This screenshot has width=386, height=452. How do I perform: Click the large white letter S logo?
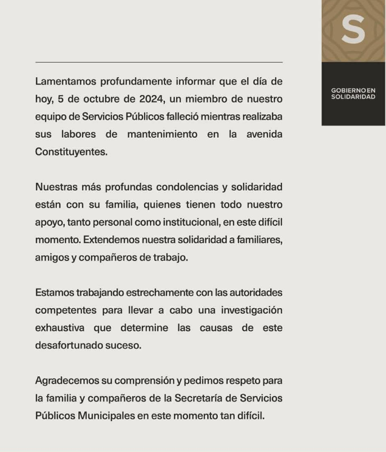pos(353,29)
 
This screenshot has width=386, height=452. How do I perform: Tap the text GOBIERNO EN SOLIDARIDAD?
pos(353,93)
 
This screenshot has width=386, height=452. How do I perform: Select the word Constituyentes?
pos(71,152)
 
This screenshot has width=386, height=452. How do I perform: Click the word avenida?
pos(263,134)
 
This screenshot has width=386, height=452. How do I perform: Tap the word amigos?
pos(52,257)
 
